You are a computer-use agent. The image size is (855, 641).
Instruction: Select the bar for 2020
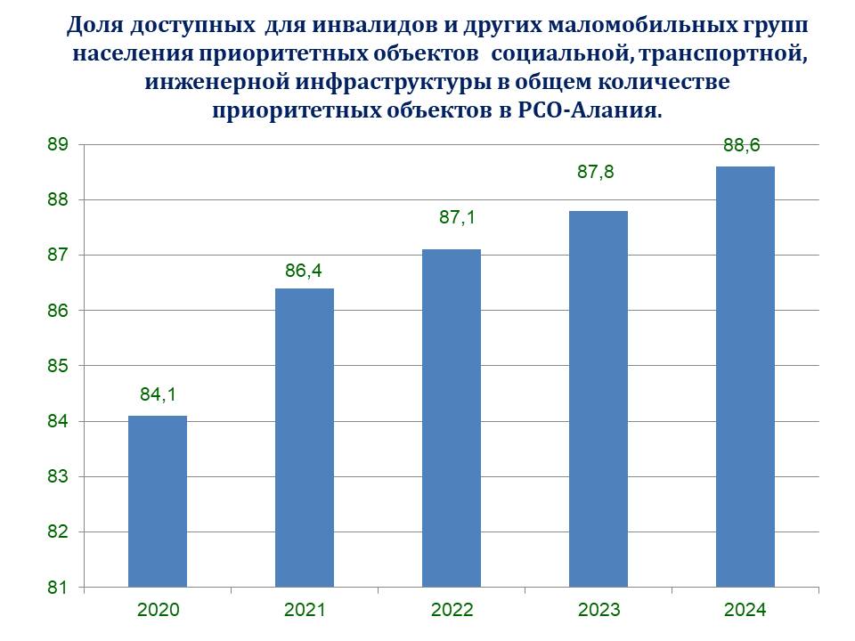[x=158, y=501]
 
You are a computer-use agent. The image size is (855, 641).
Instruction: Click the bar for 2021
[x=305, y=437]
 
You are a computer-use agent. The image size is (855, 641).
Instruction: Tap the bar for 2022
[x=452, y=418]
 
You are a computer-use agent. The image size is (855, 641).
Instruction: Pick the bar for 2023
[x=598, y=399]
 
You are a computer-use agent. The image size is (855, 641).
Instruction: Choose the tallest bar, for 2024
[x=745, y=377]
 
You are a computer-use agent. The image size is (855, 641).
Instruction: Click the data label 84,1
[x=158, y=394]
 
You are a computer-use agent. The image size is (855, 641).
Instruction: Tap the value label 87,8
[x=596, y=173]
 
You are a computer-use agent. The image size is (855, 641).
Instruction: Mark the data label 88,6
[x=742, y=146]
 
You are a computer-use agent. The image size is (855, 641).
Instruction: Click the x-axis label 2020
[x=158, y=611]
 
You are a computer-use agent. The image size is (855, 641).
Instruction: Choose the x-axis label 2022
[x=452, y=611]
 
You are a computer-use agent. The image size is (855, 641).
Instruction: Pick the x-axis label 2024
[x=745, y=611]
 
